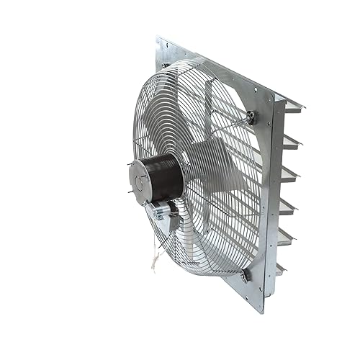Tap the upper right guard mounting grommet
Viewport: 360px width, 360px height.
tap(249, 117)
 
